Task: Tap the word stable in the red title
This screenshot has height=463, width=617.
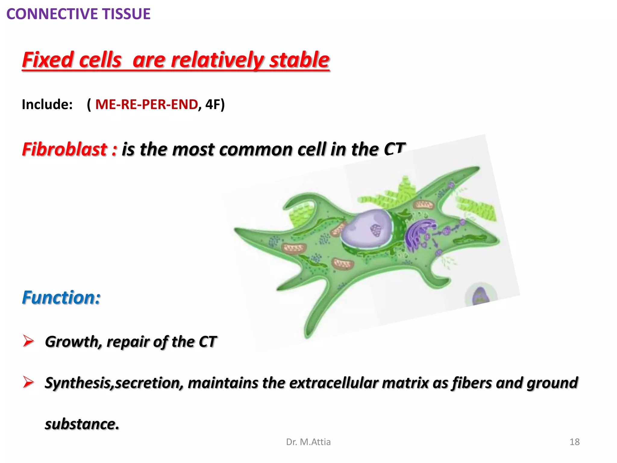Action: click(x=299, y=60)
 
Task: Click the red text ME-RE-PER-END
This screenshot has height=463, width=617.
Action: click(x=146, y=105)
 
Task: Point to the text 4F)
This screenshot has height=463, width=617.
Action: click(x=215, y=105)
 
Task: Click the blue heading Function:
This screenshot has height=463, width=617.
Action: click(x=61, y=298)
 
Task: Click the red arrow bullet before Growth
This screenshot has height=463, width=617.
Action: click(x=29, y=341)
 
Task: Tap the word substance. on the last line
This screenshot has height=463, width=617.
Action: click(x=82, y=424)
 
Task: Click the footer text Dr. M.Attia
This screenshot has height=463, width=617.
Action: click(x=308, y=442)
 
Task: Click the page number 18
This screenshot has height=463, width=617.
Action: click(x=575, y=442)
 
